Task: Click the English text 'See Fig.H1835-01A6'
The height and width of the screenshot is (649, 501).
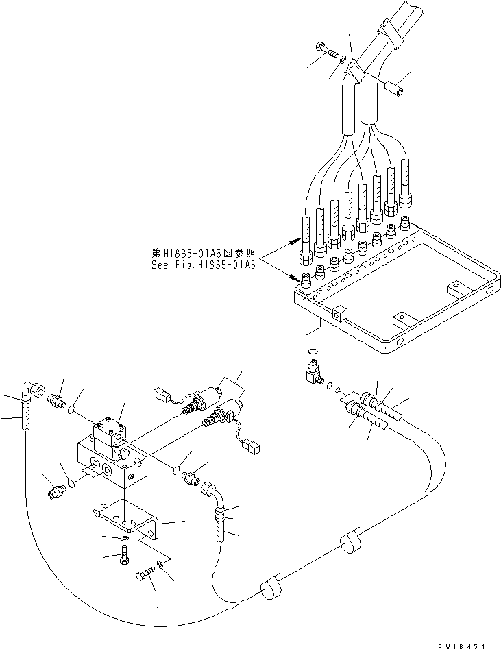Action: click(203, 264)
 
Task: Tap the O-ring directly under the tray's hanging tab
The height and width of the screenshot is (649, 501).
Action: click(310, 351)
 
